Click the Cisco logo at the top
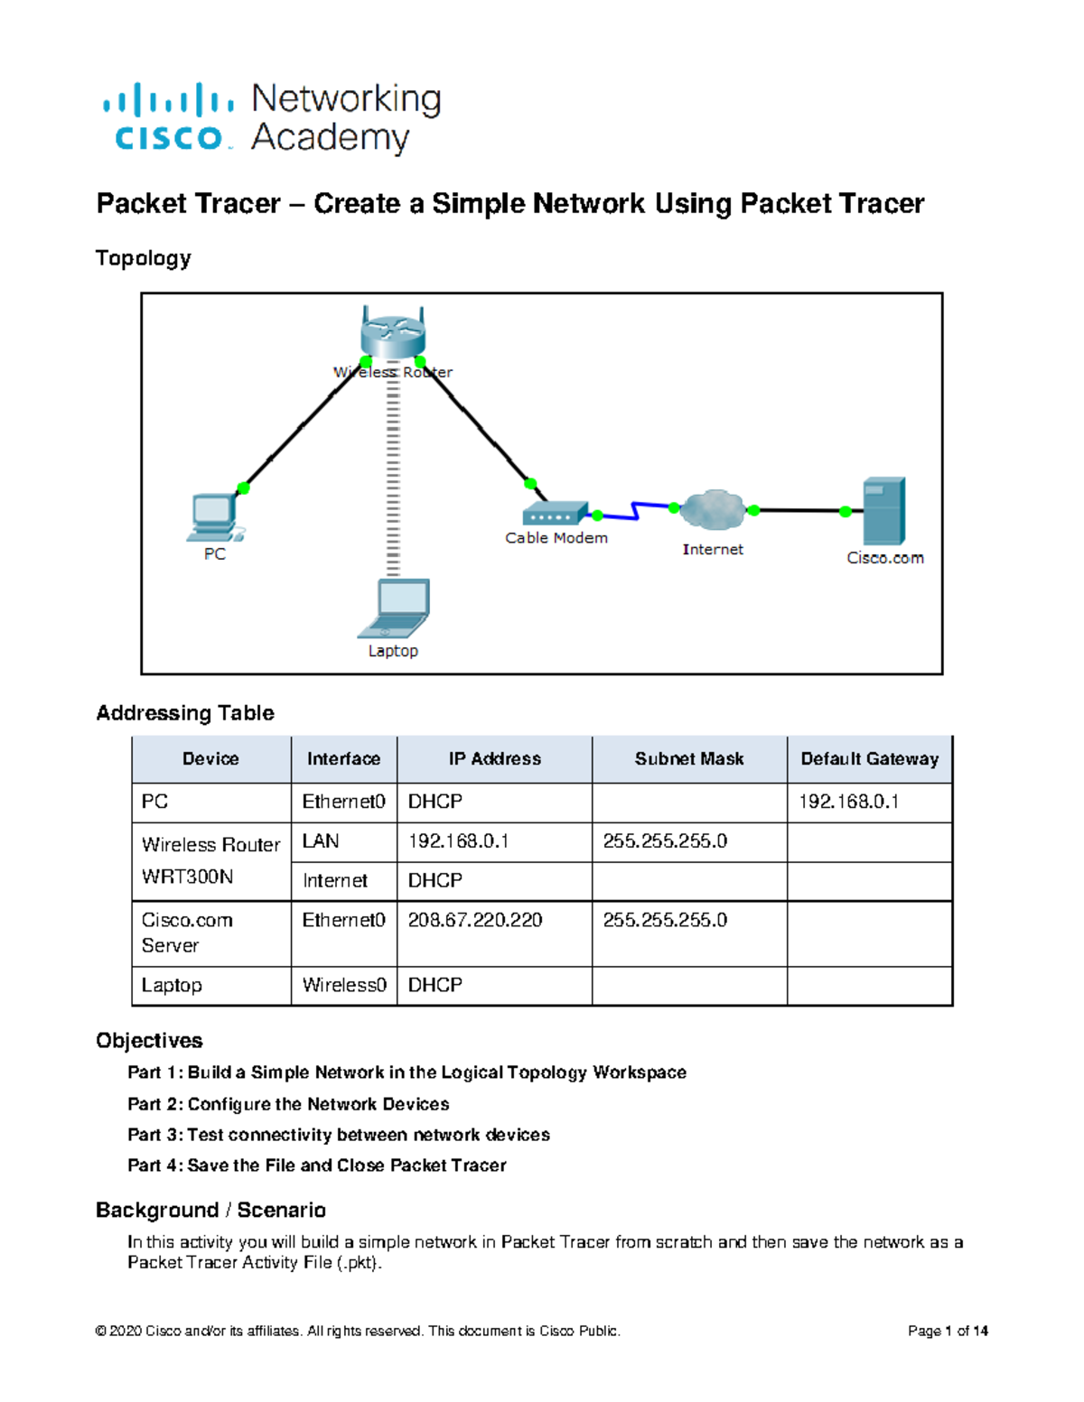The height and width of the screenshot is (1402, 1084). tap(168, 117)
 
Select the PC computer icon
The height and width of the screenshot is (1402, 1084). tap(214, 517)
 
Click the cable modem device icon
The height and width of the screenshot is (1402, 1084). tap(555, 514)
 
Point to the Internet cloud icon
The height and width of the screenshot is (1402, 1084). tap(713, 510)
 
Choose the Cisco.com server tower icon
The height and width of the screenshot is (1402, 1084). tap(883, 511)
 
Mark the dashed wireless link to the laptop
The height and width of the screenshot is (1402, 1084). tap(393, 478)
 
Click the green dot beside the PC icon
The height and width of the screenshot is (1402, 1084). tap(243, 488)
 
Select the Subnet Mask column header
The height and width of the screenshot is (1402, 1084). tap(689, 759)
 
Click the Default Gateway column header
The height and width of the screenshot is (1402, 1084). tap(869, 759)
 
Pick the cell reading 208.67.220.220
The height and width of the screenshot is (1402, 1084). tap(475, 920)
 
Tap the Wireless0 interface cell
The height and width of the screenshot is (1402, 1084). tap(344, 985)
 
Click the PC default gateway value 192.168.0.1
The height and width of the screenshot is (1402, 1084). tap(848, 802)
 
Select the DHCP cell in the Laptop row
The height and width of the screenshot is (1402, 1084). tap(435, 985)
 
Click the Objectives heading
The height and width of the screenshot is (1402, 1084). tap(149, 1041)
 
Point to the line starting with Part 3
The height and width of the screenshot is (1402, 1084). tap(339, 1135)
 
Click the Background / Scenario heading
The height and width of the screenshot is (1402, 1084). tap(210, 1211)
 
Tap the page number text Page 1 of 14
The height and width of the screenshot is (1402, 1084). tap(948, 1331)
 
